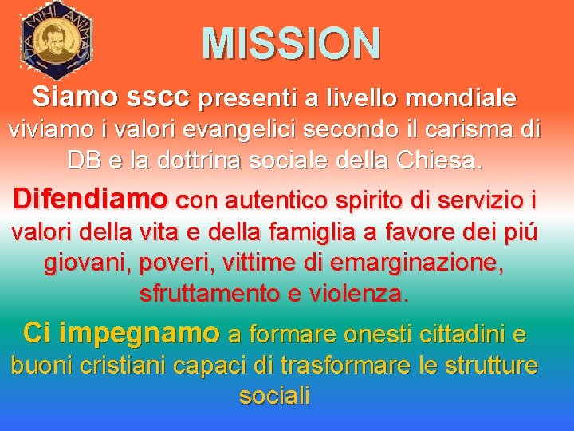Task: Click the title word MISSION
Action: pos(291,43)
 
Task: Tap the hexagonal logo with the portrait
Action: pos(56,40)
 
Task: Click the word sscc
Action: pos(158,98)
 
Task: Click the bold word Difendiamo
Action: pos(89,197)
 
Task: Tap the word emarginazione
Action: pos(415,263)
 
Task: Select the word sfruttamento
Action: pos(206,293)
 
